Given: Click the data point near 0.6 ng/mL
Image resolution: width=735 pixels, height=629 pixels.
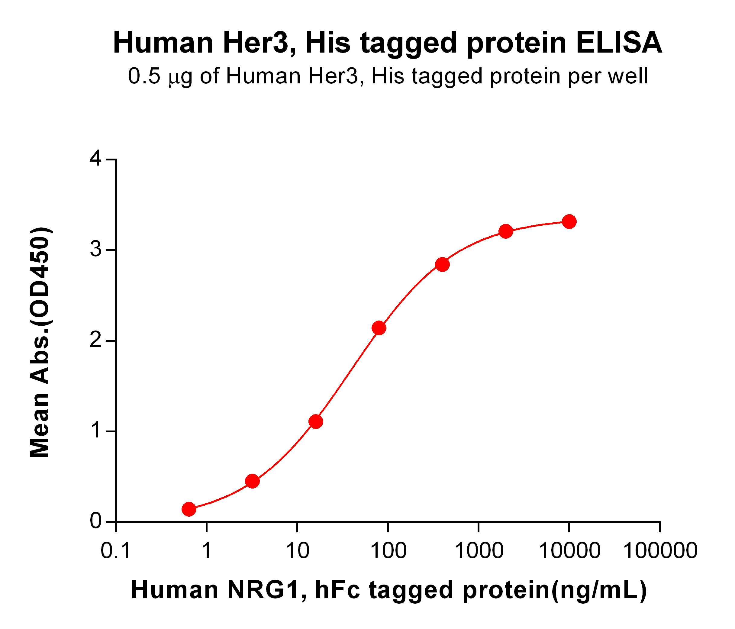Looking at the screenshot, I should coord(189,509).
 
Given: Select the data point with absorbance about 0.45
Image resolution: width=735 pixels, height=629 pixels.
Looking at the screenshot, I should coord(252,481).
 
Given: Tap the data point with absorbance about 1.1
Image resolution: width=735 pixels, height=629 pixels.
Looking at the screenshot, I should coord(316,421).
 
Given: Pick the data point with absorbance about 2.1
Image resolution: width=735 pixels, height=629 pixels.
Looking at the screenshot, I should coord(379,328).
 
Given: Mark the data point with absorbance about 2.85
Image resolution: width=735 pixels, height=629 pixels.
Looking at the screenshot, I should coord(442,264).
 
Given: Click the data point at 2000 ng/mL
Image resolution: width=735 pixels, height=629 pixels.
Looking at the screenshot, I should coord(505,231).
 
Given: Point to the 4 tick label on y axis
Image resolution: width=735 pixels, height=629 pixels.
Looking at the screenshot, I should coord(96,159).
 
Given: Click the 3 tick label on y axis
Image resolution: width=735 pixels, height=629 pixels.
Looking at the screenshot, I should coord(96,250).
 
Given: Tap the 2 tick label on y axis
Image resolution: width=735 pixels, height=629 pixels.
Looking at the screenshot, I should coord(96,340).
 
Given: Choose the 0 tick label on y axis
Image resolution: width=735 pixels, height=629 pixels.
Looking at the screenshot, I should coord(96,521).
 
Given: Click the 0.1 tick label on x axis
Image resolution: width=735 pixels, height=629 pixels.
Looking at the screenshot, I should coord(116,550).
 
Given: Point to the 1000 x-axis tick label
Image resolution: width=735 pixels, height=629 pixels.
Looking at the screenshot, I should coord(479,550).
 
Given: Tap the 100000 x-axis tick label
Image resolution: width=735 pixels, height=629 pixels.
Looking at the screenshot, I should coord(660,550).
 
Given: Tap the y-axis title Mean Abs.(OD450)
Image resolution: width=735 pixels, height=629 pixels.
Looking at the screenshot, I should coord(40,343).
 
